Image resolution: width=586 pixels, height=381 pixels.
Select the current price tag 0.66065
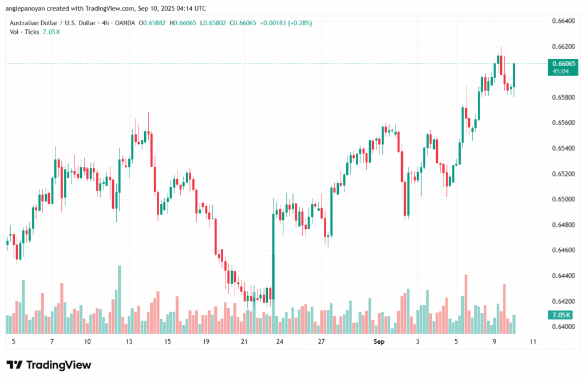pyautogui.click(x=561, y=63)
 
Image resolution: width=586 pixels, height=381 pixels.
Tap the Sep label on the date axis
pyautogui.click(x=378, y=341)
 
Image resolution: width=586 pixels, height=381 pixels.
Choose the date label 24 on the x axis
pyautogui.click(x=280, y=341)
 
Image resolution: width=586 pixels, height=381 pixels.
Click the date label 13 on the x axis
pyautogui.click(x=129, y=341)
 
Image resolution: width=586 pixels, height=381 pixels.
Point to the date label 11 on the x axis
pyautogui.click(x=533, y=341)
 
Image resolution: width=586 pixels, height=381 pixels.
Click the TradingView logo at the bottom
pyautogui.click(x=49, y=365)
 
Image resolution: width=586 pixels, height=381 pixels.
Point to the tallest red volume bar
pyautogui.click(x=466, y=304)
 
